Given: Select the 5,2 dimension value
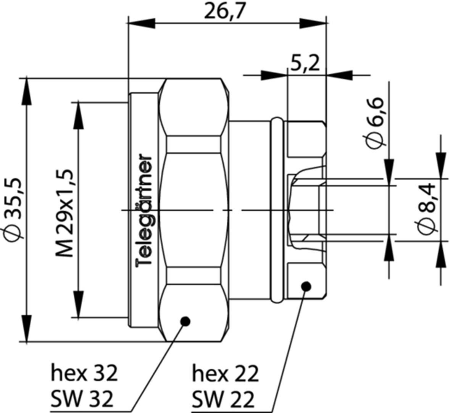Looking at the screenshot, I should pyautogui.click(x=304, y=64).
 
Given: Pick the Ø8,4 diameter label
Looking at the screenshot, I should pyautogui.click(x=426, y=208).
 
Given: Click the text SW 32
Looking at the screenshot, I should pyautogui.click(x=82, y=399).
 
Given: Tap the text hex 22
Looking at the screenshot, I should pyautogui.click(x=225, y=373).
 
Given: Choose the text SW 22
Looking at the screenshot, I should pyautogui.click(x=223, y=399).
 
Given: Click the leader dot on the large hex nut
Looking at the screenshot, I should pyautogui.click(x=185, y=321).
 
